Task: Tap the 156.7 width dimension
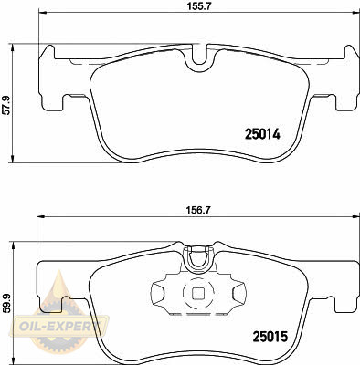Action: click(x=198, y=210)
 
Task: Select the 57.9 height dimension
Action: click(x=6, y=105)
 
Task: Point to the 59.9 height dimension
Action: click(x=6, y=303)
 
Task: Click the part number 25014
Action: click(x=262, y=134)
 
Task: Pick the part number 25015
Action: click(x=270, y=337)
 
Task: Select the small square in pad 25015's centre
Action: click(x=198, y=293)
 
